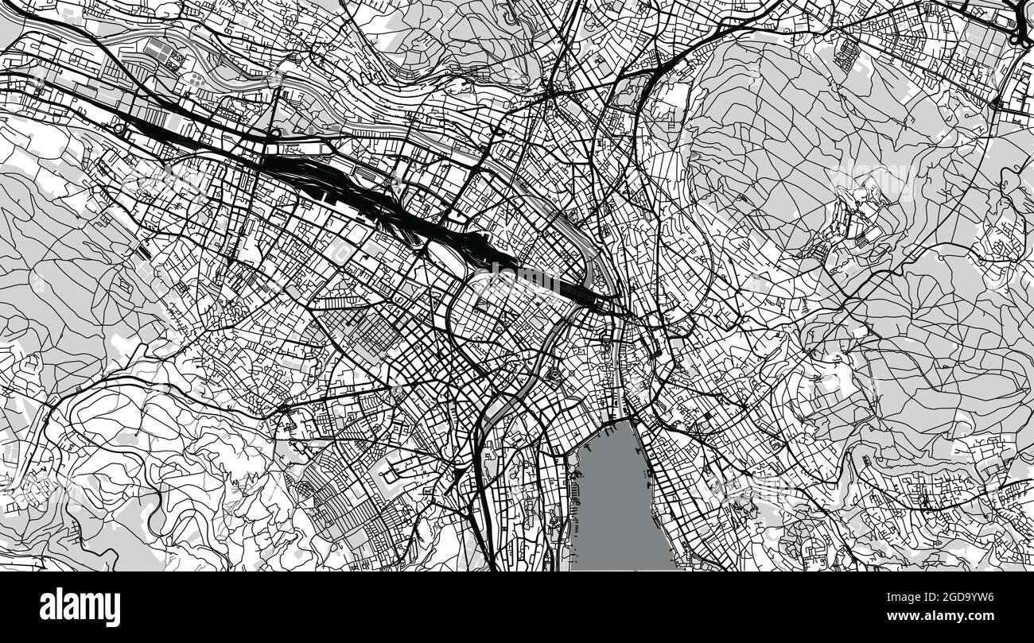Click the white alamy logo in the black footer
(80, 607)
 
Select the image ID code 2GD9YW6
(959, 598)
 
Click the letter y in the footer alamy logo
(114, 610)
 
